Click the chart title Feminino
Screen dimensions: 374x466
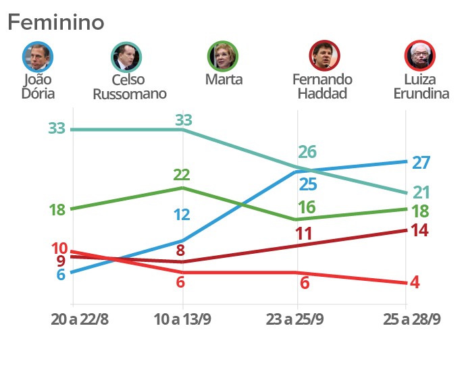56,22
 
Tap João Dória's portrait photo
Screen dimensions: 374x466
38,57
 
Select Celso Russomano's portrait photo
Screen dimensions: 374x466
126,57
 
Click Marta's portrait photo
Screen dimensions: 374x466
224,57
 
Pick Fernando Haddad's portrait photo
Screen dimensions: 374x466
324,56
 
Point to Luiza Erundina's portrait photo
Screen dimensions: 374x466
420,56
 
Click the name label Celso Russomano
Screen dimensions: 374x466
130,86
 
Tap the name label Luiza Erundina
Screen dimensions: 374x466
421,86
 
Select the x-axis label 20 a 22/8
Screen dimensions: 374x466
80,319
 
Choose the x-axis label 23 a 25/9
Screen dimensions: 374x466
296,319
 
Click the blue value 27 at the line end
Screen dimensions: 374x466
421,163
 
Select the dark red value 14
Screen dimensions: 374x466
419,230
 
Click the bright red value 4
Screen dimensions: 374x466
415,282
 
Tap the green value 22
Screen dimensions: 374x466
181,175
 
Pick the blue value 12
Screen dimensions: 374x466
181,215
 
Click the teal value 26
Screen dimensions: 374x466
307,152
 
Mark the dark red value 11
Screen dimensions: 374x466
303,234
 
